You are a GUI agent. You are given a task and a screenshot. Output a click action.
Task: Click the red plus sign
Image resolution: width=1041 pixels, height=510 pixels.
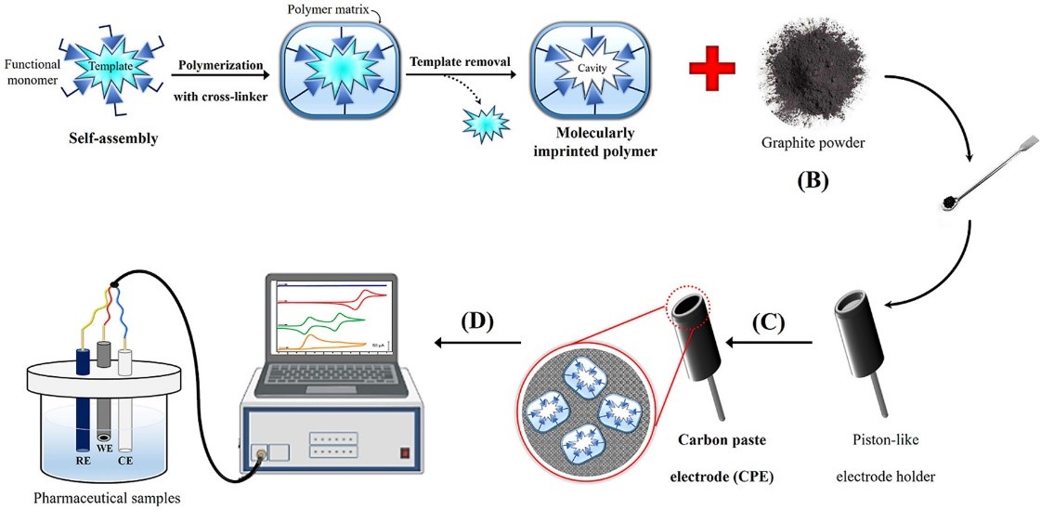click(711, 69)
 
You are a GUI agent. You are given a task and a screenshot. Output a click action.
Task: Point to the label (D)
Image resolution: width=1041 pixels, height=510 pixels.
click(476, 323)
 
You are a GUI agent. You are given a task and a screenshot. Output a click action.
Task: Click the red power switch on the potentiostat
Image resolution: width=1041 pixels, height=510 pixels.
click(404, 453)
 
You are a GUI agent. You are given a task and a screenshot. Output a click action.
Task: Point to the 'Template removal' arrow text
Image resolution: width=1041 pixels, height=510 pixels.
click(460, 61)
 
